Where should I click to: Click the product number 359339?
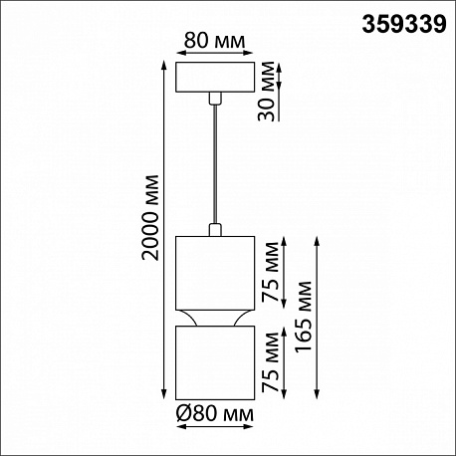click(x=404, y=24)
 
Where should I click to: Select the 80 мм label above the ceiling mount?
click(x=214, y=41)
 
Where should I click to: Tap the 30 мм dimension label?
click(x=268, y=92)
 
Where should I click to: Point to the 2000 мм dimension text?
click(x=149, y=217)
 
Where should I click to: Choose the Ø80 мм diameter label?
click(x=215, y=414)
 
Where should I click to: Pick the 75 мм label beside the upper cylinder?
click(x=270, y=272)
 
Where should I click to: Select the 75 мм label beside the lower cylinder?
click(x=270, y=362)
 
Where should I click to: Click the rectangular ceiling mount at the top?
click(x=215, y=77)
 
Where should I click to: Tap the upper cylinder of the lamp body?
click(x=215, y=273)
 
